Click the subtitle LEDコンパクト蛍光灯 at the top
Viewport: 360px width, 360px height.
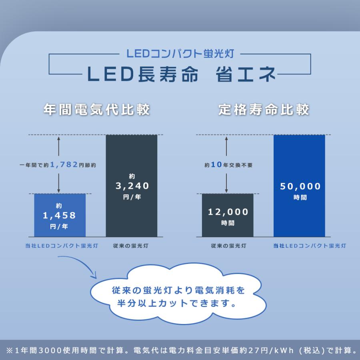point(180,53)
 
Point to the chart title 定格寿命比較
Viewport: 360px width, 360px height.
point(264,110)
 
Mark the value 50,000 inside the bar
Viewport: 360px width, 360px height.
point(300,186)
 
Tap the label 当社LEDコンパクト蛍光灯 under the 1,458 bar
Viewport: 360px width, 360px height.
point(60,246)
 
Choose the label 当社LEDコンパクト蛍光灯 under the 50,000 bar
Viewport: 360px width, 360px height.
point(310,246)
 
